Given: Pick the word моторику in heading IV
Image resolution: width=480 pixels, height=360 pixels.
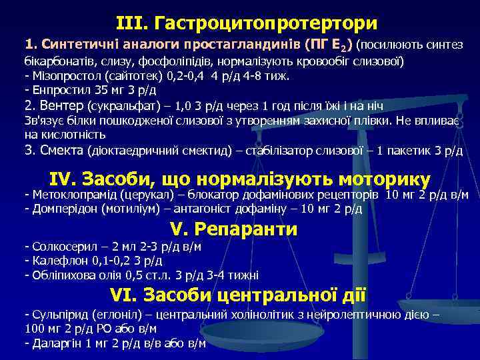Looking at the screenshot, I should (385, 179).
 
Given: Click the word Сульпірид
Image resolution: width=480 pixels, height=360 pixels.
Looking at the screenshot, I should (53, 314).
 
